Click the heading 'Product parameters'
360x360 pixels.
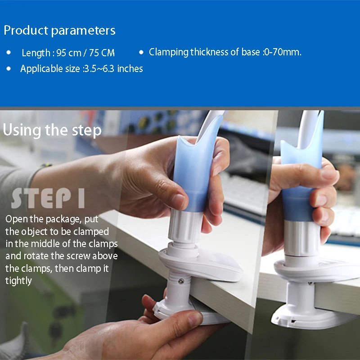(59, 31)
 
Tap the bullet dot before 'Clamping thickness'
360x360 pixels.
(141, 52)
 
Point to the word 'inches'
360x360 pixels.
(130, 69)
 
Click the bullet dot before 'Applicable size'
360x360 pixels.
(9, 68)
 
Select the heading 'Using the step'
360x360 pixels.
(52, 130)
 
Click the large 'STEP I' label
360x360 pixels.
(48, 198)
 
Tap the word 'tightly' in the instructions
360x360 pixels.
(18, 281)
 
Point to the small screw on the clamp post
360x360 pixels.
(181, 281)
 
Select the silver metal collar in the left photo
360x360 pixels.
(185, 226)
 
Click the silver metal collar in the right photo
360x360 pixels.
(302, 238)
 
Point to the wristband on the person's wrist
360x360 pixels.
(46, 165)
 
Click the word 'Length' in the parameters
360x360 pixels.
(36, 53)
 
